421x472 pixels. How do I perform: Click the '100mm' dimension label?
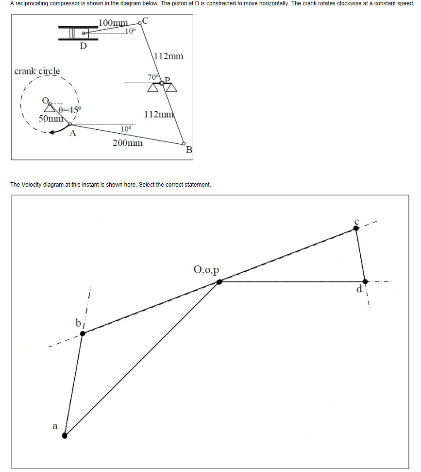pyautogui.click(x=113, y=23)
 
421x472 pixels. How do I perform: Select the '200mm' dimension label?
pyautogui.click(x=128, y=143)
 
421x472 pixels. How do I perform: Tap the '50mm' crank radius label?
pyautogui.click(x=50, y=118)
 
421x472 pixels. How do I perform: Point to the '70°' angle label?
pyautogui.click(x=153, y=77)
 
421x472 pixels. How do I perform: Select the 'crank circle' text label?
pyautogui.click(x=37, y=71)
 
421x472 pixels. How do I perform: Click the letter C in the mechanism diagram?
pyautogui.click(x=146, y=21)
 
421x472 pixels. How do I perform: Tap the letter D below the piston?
pyautogui.click(x=83, y=47)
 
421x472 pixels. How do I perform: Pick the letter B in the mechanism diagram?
pyautogui.click(x=189, y=150)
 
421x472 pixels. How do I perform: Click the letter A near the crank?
pyautogui.click(x=73, y=134)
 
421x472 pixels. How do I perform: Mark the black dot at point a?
pyautogui.click(x=65, y=436)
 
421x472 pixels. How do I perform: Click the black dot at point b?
pyautogui.click(x=83, y=333)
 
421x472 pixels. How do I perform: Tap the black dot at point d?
pyautogui.click(x=365, y=281)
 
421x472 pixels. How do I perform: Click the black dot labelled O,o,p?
pyautogui.click(x=219, y=281)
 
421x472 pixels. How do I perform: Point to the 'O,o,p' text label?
pyautogui.click(x=206, y=269)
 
